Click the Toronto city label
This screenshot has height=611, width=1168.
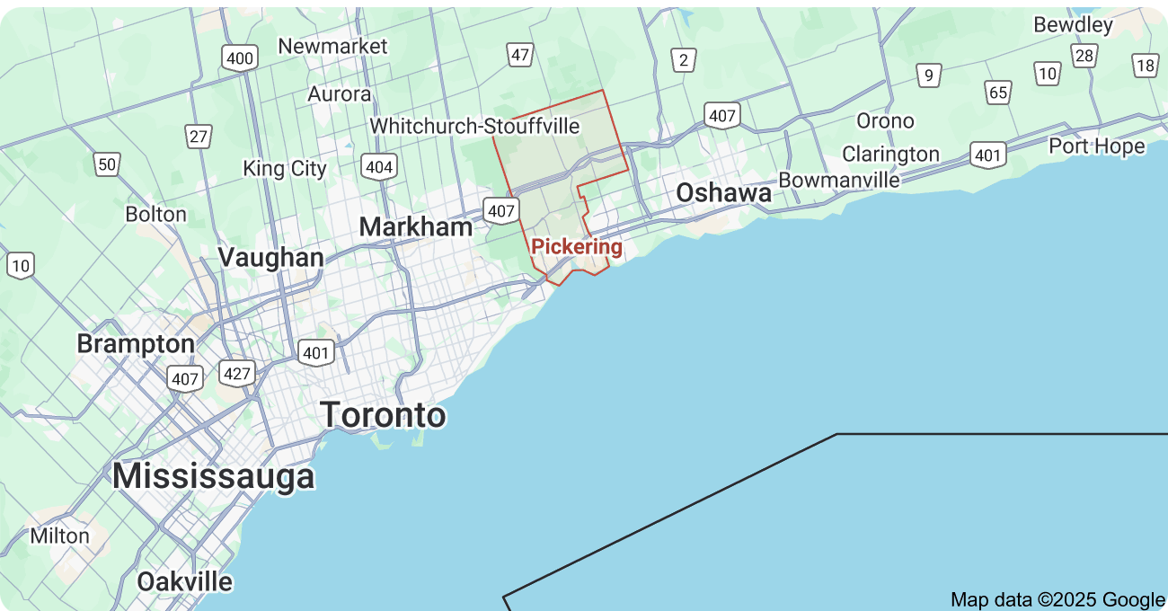(383, 415)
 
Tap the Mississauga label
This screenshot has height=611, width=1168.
(214, 476)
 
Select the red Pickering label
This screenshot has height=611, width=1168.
(577, 246)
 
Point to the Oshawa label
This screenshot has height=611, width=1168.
(723, 193)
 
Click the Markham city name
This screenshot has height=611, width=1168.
(416, 227)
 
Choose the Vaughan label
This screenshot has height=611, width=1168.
(270, 258)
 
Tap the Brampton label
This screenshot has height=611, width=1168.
(136, 344)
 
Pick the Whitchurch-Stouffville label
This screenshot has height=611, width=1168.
(475, 126)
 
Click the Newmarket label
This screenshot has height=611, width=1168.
(332, 46)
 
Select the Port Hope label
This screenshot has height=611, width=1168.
(1096, 146)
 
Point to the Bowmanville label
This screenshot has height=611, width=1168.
(839, 180)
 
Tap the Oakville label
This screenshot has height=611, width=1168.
(184, 581)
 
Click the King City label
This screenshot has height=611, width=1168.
(285, 168)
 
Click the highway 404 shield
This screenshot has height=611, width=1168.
(378, 166)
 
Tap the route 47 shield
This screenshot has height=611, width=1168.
(520, 55)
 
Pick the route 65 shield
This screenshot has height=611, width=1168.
(997, 92)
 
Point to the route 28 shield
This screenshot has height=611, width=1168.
(1084, 56)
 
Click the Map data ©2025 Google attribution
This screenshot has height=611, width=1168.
(1057, 599)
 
